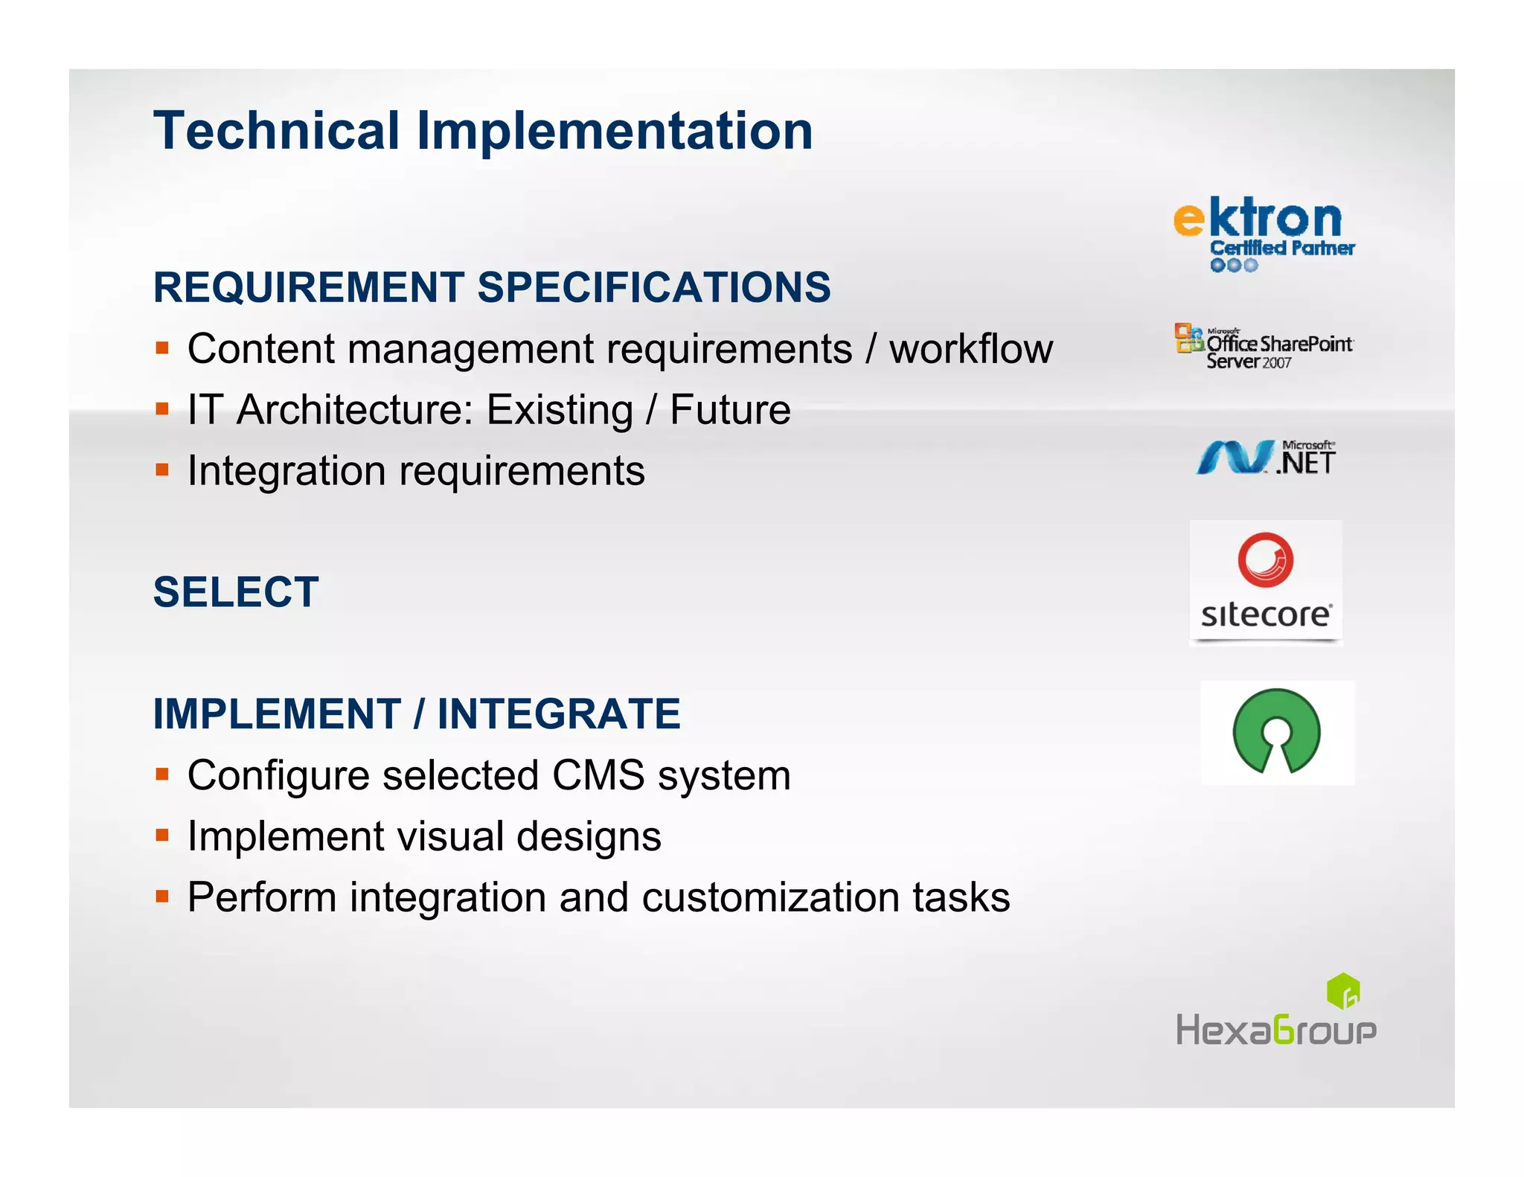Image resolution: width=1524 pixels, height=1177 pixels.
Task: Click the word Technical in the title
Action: click(277, 131)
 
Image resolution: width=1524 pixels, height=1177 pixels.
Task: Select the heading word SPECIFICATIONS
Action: click(653, 287)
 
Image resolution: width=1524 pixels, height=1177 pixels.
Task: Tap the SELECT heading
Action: click(236, 592)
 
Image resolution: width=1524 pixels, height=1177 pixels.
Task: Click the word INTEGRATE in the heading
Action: click(558, 714)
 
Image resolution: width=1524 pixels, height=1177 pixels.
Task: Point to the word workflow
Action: click(971, 349)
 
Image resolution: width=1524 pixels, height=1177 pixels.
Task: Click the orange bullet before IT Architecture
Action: click(162, 409)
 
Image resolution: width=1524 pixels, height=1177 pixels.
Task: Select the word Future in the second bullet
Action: click(730, 410)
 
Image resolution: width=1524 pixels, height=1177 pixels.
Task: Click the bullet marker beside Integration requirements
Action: click(162, 470)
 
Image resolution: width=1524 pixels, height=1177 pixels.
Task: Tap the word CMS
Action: click(598, 775)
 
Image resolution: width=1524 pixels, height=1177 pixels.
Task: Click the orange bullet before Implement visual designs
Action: click(162, 836)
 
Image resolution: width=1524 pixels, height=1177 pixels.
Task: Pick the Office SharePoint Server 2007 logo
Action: click(1264, 347)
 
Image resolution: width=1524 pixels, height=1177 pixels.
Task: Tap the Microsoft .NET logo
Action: click(1266, 458)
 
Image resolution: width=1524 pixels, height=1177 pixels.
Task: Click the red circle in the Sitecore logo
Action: click(1265, 559)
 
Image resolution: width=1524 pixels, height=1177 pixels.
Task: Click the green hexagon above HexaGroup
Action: click(1343, 991)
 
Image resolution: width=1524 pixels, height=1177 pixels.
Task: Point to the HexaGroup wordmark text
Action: click(1275, 1030)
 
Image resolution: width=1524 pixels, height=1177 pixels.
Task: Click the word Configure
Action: click(278, 775)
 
